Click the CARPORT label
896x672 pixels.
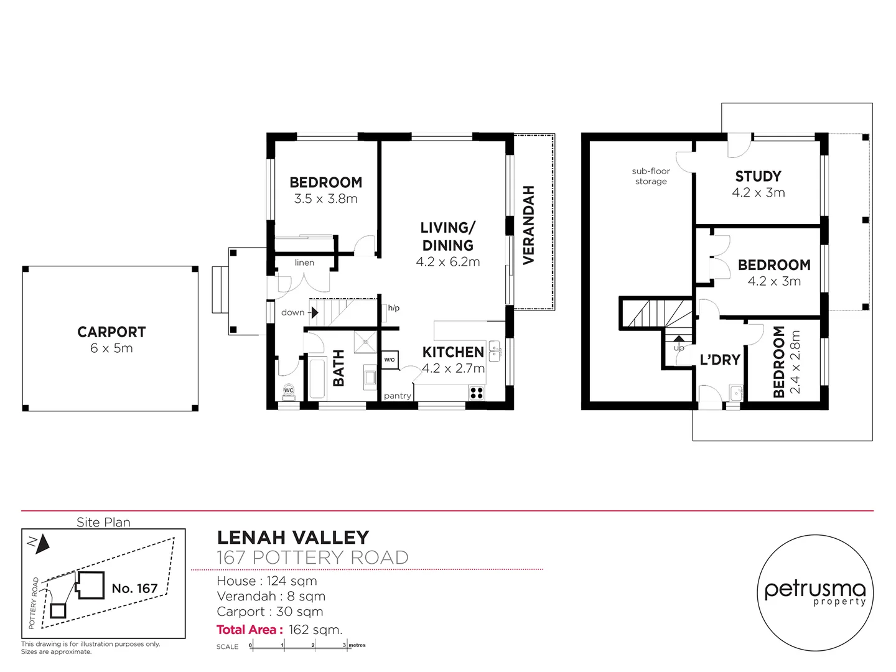tap(111, 332)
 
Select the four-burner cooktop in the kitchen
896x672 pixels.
tap(477, 393)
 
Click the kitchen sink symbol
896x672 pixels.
tap(495, 352)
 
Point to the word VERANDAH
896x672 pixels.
tap(529, 225)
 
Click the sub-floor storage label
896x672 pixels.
tap(651, 176)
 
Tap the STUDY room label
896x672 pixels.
tap(758, 176)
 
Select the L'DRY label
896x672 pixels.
tap(720, 360)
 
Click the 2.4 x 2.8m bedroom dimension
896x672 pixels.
tap(795, 362)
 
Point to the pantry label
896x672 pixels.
tap(397, 396)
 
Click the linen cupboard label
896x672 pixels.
tap(304, 263)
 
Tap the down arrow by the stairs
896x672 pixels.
tap(314, 312)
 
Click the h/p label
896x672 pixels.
tap(393, 308)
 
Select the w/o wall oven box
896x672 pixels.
tap(390, 360)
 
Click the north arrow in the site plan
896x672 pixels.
tap(42, 544)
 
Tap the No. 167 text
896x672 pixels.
tap(134, 588)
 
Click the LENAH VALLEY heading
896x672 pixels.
tap(292, 537)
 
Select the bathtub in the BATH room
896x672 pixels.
tap(317, 378)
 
